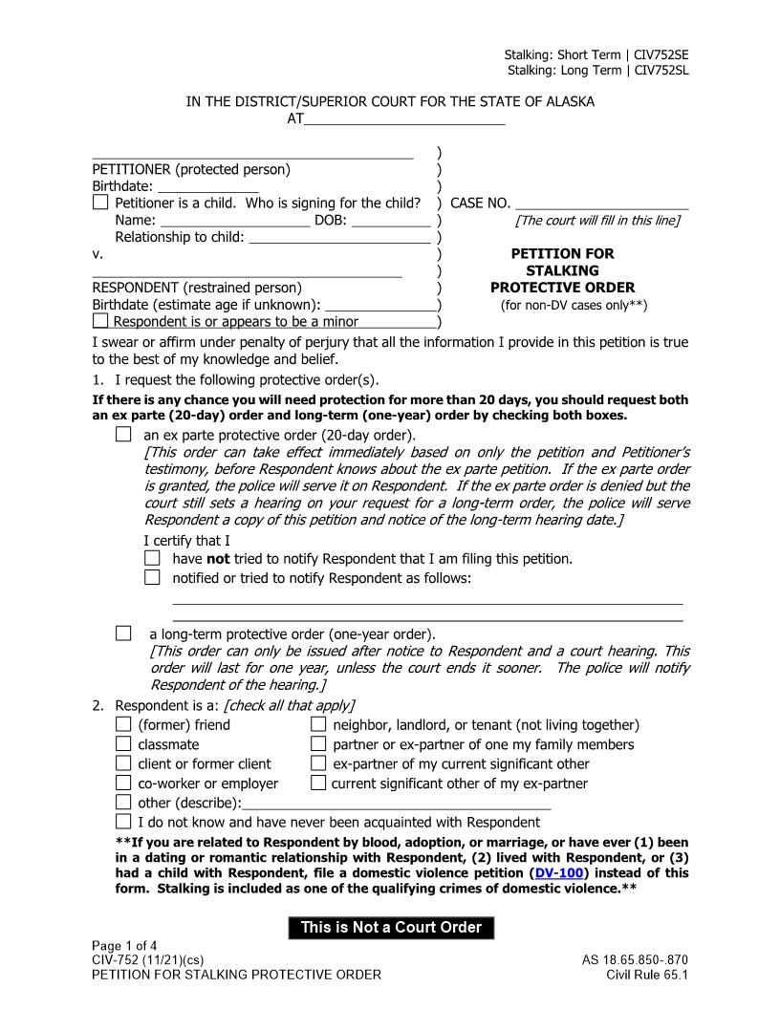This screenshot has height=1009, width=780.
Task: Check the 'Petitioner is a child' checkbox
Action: tap(100, 203)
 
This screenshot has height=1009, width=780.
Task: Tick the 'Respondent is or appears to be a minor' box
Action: tap(100, 322)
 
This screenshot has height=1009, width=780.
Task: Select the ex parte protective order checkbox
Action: tap(123, 435)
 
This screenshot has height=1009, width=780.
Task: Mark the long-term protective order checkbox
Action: tap(123, 633)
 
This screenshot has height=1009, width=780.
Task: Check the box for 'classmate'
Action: tap(123, 744)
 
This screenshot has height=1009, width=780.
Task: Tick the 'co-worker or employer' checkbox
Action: tap(123, 784)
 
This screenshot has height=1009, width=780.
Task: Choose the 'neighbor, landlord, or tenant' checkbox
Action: tap(318, 725)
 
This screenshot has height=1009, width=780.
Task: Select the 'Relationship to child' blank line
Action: tap(338, 237)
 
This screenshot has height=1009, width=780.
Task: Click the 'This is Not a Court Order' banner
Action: tap(391, 928)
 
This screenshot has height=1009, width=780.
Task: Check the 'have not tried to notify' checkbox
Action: tap(152, 558)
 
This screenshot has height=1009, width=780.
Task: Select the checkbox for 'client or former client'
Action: tap(123, 763)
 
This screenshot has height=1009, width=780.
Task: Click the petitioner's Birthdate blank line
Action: tap(207, 186)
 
